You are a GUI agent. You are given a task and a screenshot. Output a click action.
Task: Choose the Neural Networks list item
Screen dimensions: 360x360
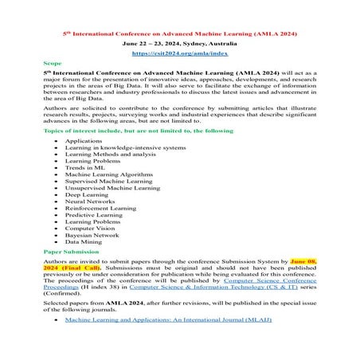91,205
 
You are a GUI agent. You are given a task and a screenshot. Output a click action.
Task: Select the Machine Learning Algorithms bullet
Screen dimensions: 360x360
107,176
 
